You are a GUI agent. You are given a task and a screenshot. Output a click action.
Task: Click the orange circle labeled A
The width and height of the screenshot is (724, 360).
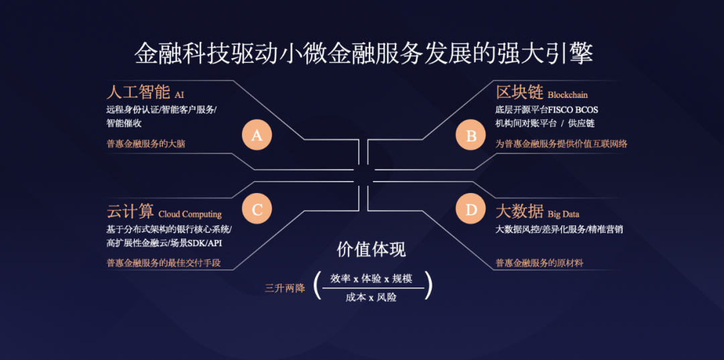pyautogui.click(x=257, y=136)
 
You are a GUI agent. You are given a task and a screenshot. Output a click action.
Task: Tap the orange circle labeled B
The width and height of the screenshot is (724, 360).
pyautogui.click(x=471, y=136)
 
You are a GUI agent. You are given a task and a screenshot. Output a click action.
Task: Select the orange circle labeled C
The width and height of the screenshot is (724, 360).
pyautogui.click(x=257, y=210)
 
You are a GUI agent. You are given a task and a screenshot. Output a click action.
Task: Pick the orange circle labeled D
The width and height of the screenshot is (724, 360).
pyautogui.click(x=471, y=210)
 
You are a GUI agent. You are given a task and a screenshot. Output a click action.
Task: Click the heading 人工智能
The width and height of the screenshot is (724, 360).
pyautogui.click(x=137, y=92)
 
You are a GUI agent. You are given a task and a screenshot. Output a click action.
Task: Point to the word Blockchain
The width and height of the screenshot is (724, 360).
pyautogui.click(x=567, y=95)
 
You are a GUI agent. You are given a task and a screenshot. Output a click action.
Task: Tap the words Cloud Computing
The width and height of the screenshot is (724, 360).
pyautogui.click(x=190, y=214)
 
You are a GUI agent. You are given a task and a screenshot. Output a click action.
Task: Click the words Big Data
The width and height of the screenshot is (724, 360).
pyautogui.click(x=563, y=214)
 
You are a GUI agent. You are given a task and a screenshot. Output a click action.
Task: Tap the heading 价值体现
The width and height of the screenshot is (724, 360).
pyautogui.click(x=371, y=250)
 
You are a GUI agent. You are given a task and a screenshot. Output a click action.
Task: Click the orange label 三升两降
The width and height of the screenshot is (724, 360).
pyautogui.click(x=285, y=288)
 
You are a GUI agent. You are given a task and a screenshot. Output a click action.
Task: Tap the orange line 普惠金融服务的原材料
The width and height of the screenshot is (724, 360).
pyautogui.click(x=539, y=263)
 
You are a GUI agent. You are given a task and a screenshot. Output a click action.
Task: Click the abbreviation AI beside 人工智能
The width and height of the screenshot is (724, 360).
pyautogui.click(x=179, y=95)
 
